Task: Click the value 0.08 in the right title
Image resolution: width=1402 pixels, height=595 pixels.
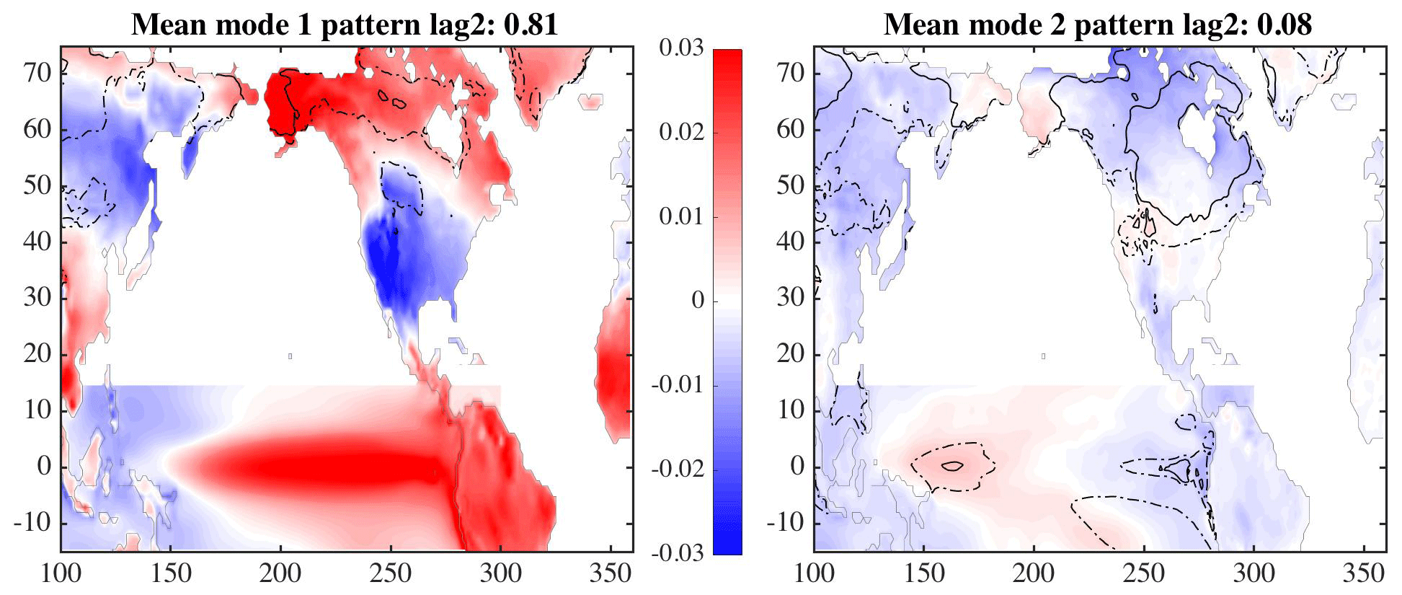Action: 1285,25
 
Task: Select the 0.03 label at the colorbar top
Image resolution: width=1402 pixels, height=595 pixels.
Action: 681,49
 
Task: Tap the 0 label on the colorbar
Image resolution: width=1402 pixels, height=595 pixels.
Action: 697,301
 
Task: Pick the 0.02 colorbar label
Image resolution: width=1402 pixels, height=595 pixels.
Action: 681,133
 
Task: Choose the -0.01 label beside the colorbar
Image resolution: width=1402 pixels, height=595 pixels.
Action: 678,385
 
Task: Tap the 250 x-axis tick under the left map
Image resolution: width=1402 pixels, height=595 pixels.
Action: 391,574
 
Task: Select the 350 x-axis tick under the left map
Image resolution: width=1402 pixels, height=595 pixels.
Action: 611,574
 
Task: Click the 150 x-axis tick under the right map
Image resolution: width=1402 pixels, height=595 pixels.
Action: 924,574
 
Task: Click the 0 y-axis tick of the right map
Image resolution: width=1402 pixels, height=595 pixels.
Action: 799,467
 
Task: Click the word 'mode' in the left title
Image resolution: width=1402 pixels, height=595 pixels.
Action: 244,25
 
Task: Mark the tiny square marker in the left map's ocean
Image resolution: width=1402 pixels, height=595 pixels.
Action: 290,356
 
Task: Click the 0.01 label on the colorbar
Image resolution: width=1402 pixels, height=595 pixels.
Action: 681,217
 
